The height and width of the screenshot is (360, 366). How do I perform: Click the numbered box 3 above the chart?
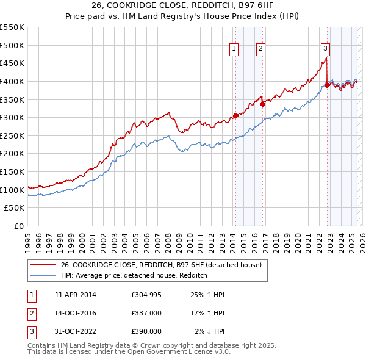326,49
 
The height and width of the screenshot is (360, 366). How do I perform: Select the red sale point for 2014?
235,115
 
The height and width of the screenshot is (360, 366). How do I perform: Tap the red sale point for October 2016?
263,104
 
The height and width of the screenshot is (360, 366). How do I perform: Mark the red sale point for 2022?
327,85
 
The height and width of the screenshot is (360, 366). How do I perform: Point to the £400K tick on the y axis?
13,81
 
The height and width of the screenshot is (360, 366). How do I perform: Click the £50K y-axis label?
15,208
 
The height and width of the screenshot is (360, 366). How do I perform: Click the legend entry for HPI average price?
134,275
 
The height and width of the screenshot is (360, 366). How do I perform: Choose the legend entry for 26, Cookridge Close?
161,265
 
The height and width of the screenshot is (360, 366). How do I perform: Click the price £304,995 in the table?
146,295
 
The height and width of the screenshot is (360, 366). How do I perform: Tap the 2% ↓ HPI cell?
210,331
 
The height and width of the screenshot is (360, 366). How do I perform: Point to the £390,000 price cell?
146,331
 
